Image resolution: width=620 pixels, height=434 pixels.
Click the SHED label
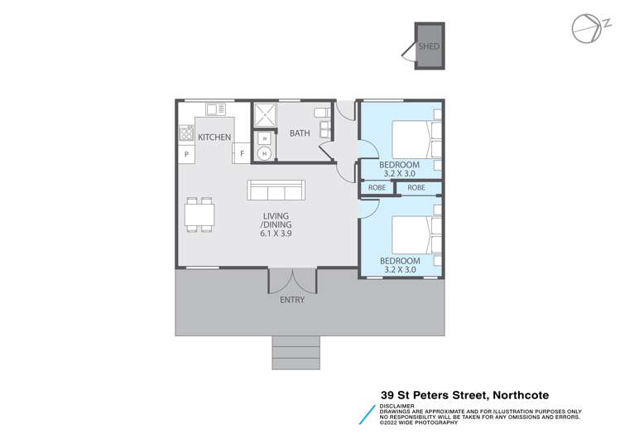(428, 47)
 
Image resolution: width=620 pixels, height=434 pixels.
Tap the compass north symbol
(585, 27)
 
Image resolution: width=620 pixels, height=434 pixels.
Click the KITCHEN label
(214, 137)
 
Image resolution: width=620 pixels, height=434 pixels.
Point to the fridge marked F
(243, 153)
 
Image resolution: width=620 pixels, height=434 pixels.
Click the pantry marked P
(186, 154)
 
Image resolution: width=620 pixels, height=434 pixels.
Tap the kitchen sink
(216, 108)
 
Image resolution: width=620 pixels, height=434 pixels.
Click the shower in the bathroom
(265, 113)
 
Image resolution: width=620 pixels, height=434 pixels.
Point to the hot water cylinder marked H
(264, 153)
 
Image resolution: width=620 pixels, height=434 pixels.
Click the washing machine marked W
(264, 137)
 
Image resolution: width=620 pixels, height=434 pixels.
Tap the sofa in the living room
(276, 191)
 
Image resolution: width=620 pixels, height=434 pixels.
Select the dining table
(199, 215)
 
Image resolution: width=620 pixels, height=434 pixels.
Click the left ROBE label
(377, 188)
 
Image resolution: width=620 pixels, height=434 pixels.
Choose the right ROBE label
(416, 188)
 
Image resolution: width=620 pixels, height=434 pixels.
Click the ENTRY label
(292, 300)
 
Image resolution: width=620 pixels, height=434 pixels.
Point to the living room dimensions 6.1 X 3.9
(276, 234)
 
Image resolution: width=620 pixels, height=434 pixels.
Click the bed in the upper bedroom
(412, 139)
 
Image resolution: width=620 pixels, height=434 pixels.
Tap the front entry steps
(296, 352)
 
